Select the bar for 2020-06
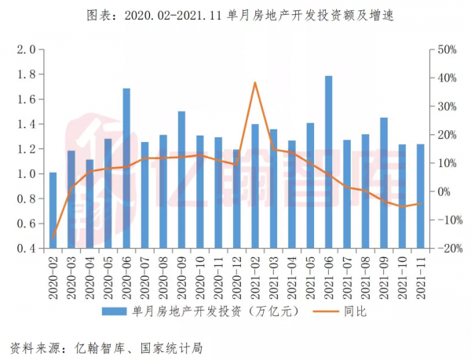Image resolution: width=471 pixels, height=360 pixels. [126, 169]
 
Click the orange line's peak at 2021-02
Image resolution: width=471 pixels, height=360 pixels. [255, 82]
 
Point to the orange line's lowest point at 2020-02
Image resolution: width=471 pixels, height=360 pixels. [53, 238]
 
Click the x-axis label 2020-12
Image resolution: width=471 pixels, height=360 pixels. [237, 275]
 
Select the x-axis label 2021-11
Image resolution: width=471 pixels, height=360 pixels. [421, 275]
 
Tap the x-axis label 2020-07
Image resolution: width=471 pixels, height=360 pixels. [145, 275]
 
